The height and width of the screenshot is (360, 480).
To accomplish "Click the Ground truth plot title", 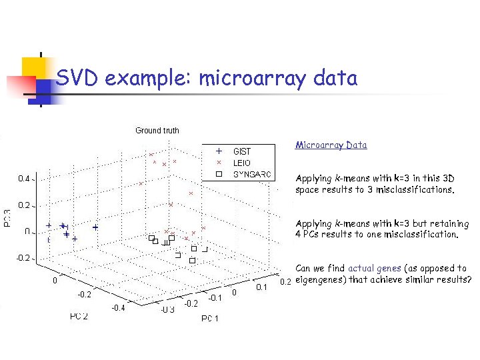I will point(157,131).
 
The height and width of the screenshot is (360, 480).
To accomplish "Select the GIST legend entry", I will point(242,151).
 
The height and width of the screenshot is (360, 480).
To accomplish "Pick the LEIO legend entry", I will point(241,163).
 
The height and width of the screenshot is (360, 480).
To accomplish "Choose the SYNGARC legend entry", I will point(251,174).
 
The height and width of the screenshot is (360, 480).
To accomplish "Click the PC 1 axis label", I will point(209,319).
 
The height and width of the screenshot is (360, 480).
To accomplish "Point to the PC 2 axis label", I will point(79,315).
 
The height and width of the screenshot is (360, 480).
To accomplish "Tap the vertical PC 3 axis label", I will point(7,217).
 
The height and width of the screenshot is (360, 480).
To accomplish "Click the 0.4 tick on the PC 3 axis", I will point(23,179).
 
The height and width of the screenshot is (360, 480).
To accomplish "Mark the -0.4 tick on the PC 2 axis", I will point(118,307).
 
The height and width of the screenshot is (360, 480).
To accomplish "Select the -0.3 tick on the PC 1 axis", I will point(167,309).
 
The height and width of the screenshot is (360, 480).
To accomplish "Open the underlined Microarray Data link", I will point(331,145).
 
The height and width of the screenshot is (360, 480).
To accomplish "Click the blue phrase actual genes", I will point(374,268).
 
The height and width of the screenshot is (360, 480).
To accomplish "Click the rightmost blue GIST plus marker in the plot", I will point(95,227).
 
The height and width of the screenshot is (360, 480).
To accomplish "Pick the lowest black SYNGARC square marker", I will point(192,261).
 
